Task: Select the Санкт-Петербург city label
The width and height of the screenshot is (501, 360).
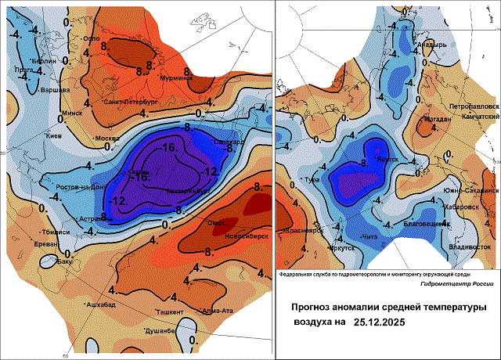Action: point(131,103)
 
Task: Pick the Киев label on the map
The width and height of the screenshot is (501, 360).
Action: point(53,137)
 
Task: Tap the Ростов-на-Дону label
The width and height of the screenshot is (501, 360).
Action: point(81,187)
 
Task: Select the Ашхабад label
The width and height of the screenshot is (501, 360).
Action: point(103,304)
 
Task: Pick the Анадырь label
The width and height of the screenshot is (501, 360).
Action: point(431,45)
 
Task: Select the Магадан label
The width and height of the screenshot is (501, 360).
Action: point(437,119)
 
